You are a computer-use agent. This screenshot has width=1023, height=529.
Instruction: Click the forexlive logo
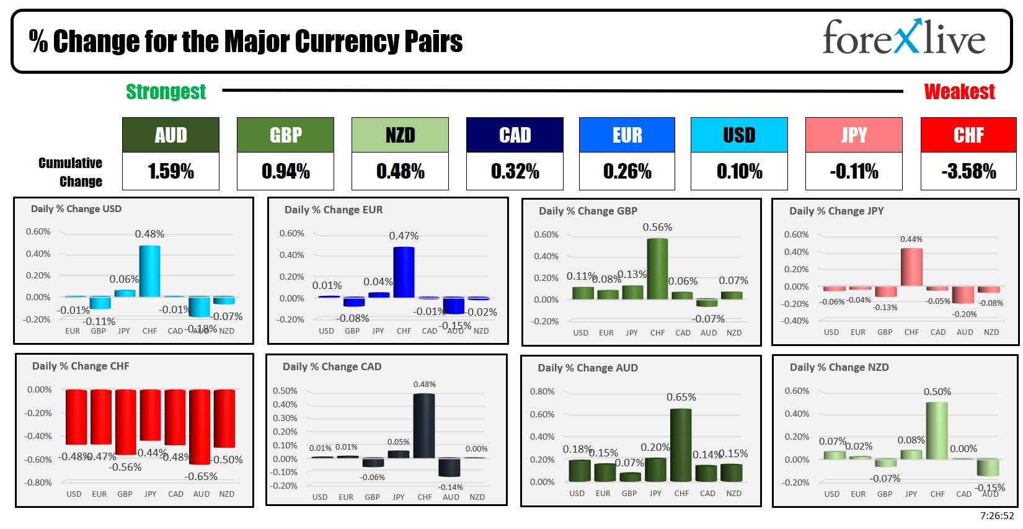tap(903, 38)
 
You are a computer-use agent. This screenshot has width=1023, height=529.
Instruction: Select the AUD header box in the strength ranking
tap(170, 135)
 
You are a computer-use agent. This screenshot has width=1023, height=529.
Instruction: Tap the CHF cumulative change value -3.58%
tap(968, 171)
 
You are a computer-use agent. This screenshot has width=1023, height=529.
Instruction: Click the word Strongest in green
tap(166, 92)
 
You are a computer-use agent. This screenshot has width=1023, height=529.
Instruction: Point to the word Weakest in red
tap(959, 92)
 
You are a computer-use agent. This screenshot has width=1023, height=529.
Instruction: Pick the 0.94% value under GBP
tap(285, 171)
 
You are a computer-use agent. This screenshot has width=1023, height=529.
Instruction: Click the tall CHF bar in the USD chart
tap(149, 272)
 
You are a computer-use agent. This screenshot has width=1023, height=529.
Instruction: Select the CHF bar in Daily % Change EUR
tap(404, 272)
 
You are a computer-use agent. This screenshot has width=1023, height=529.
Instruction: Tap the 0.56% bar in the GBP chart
tap(657, 269)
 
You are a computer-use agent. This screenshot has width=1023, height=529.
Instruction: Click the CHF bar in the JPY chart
tap(911, 267)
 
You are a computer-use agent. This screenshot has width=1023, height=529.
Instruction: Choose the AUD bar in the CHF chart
tap(200, 427)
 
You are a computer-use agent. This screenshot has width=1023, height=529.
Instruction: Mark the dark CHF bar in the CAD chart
tap(424, 426)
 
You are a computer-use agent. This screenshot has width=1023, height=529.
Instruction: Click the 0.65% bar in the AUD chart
tap(681, 445)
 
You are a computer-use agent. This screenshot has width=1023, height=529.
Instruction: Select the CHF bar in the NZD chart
tap(937, 430)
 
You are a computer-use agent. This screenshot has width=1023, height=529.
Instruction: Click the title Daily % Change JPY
tap(836, 211)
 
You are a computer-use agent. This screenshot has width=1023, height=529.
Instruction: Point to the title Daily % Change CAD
tap(332, 367)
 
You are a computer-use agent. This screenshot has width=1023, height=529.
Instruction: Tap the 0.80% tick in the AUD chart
tap(542, 391)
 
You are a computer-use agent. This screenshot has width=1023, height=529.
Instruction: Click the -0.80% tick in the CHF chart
tap(38, 482)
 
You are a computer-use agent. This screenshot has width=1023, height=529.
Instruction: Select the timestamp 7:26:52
tap(997, 516)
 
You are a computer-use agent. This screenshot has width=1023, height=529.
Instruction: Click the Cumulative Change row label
tap(71, 172)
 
